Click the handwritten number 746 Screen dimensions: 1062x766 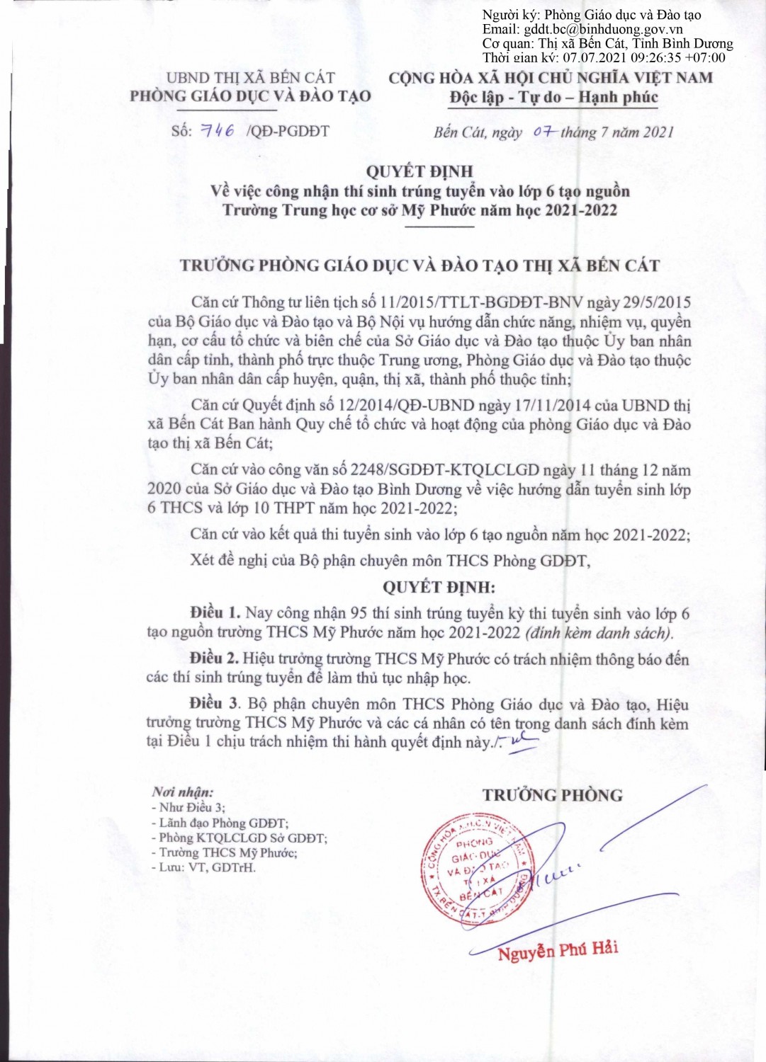tap(218, 130)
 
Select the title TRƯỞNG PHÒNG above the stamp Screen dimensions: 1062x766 tap(553, 795)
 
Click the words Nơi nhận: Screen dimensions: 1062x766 tap(182, 792)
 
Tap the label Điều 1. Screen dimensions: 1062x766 tap(215, 613)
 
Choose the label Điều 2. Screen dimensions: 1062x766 tap(214, 658)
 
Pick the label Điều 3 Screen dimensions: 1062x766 tap(214, 704)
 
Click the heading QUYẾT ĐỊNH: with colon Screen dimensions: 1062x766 tap(439, 587)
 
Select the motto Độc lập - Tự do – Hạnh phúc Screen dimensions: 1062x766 tap(553, 97)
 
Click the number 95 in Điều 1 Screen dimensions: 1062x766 tap(359, 613)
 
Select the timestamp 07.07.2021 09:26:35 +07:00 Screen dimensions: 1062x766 tap(643, 57)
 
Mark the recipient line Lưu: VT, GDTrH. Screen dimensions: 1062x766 tap(203, 867)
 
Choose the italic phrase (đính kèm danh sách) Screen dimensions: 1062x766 tap(599, 632)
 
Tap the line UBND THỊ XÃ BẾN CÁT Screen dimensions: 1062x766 tap(251, 77)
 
